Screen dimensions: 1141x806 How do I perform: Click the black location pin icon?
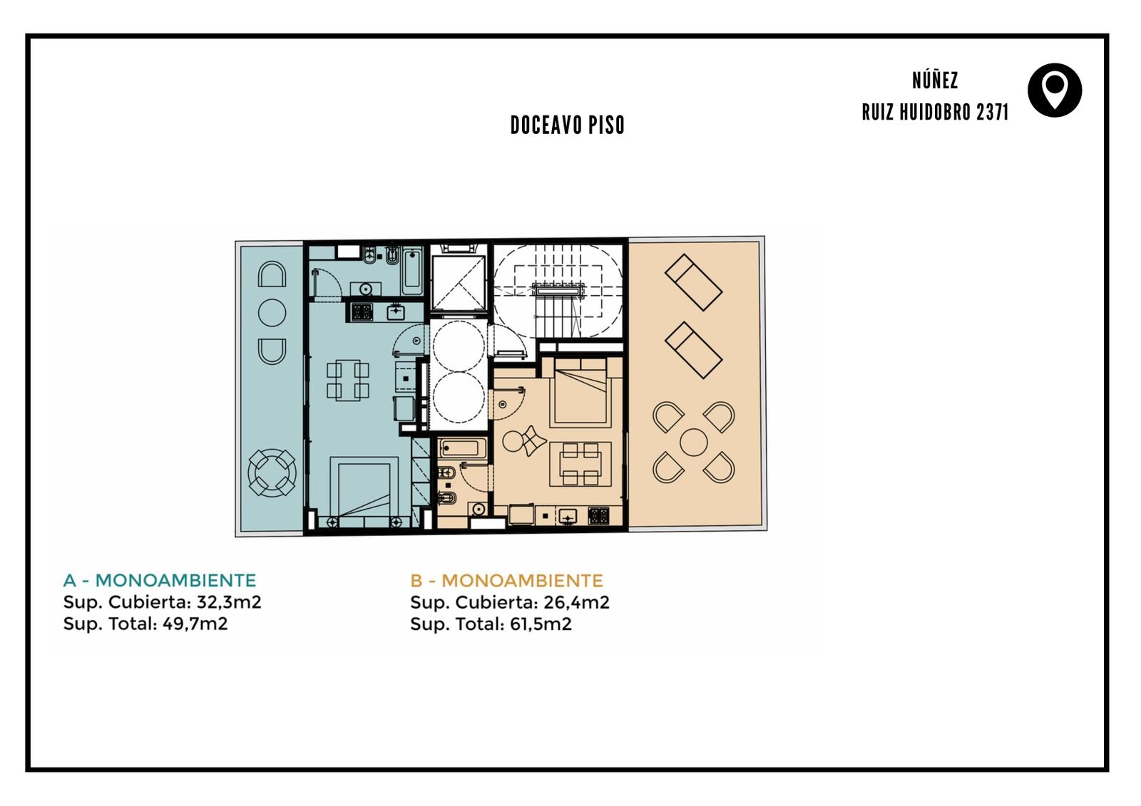(1055, 90)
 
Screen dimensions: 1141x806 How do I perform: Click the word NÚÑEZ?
(935, 80)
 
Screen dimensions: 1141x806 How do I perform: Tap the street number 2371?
(992, 113)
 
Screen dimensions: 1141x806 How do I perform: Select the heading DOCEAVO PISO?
(568, 125)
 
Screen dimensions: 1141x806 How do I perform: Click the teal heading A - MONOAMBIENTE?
(160, 580)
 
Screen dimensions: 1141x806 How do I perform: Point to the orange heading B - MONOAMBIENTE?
(506, 580)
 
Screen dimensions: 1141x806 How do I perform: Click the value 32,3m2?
(229, 602)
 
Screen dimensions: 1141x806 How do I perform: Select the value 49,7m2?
(195, 624)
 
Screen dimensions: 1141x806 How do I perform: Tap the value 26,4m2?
(576, 602)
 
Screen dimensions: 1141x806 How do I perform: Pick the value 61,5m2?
(541, 624)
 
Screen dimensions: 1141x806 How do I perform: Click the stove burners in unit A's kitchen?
(362, 311)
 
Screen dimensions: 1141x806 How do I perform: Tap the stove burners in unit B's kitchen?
(598, 516)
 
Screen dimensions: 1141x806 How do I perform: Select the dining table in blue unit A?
(348, 380)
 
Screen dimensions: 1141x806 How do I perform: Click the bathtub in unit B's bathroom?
(463, 448)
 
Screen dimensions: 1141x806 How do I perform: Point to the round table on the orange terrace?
(693, 442)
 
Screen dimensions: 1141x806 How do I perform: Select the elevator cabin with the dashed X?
(458, 283)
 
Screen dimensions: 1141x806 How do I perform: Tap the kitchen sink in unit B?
(568, 517)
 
